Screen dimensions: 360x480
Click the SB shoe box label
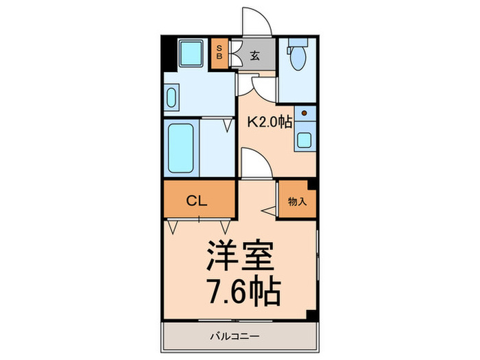[x=219, y=51]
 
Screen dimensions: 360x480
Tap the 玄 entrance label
[x=254, y=56]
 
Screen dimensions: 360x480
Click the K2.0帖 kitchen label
[x=269, y=122]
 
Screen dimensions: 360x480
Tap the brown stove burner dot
[x=304, y=112]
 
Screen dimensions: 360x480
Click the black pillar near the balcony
[x=311, y=315]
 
